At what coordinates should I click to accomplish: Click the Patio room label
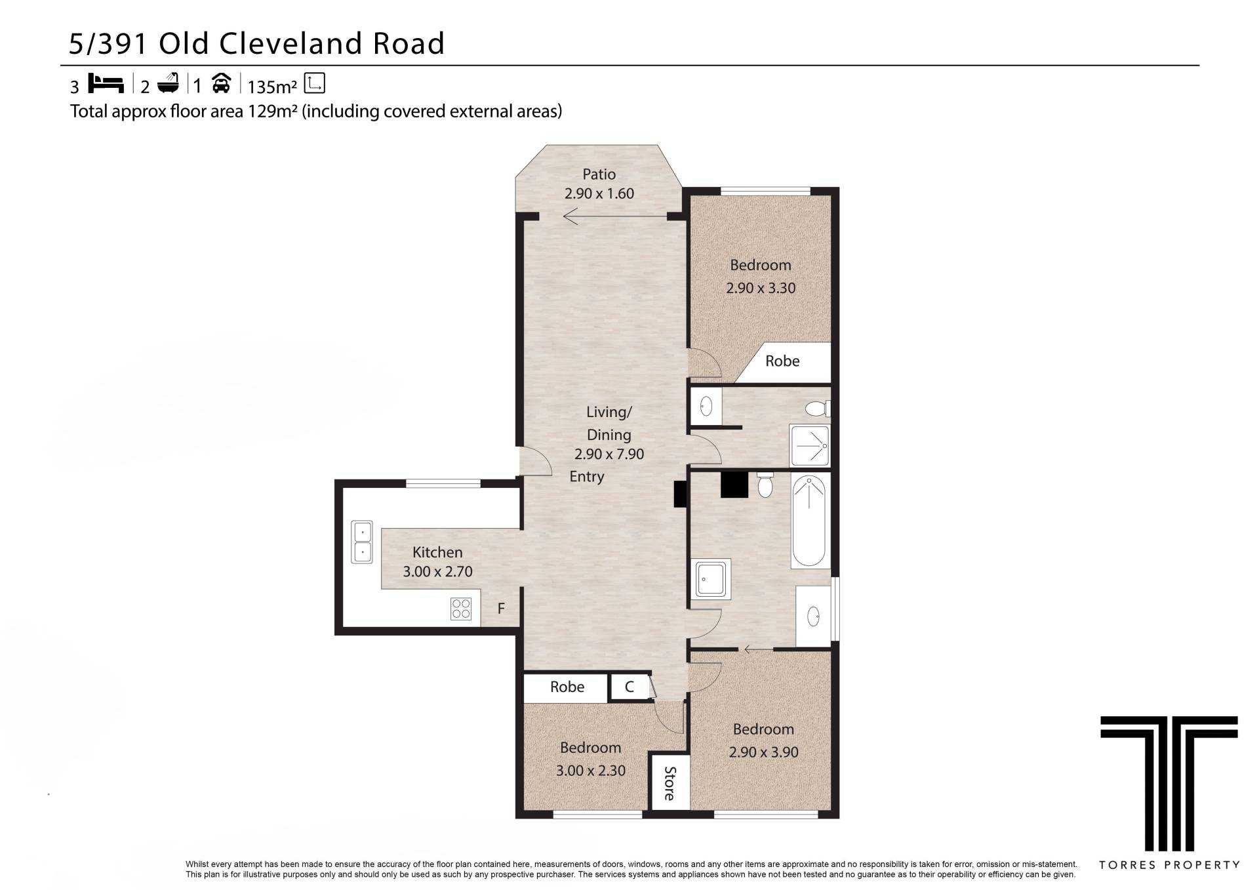click(599, 174)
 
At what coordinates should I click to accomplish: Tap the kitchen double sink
click(361, 542)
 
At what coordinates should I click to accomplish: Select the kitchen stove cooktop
click(461, 609)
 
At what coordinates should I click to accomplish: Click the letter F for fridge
click(501, 609)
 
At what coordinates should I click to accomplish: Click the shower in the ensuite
click(810, 446)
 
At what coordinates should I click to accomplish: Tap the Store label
click(669, 783)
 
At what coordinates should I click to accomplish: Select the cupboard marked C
click(629, 687)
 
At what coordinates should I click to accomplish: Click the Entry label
click(587, 477)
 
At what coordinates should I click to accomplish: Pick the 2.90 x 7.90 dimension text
click(609, 454)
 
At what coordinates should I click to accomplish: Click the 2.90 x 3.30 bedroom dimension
click(761, 288)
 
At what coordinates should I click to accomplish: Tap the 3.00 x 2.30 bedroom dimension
click(591, 771)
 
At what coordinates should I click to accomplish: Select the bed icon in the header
click(106, 84)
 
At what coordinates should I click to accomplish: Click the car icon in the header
click(221, 84)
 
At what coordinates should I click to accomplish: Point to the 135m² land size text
click(272, 87)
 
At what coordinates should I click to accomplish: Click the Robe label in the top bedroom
click(782, 361)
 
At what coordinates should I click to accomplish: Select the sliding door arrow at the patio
click(614, 216)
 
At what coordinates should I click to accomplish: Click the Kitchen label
click(437, 552)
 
